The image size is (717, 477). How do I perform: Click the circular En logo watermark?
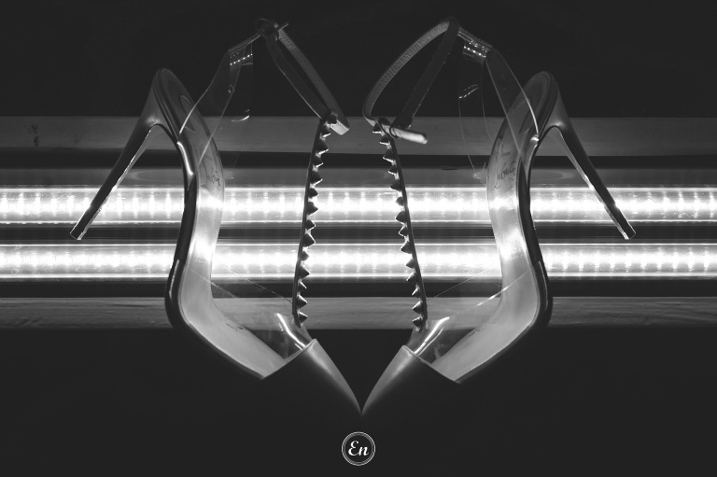358,449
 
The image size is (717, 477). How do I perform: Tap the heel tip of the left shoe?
76,234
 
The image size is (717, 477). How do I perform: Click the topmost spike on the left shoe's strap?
325,132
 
